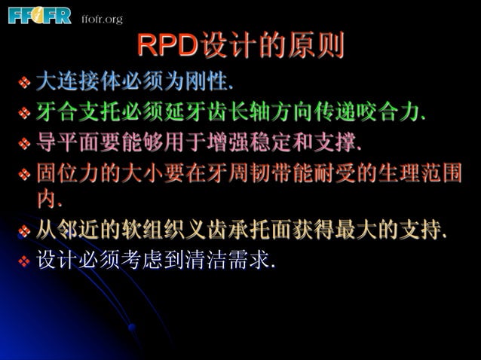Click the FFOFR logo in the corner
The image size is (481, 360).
39,15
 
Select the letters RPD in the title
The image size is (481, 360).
167,47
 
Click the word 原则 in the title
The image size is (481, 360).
320,47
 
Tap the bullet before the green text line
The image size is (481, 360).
24,114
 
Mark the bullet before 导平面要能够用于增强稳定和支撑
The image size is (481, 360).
24,143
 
